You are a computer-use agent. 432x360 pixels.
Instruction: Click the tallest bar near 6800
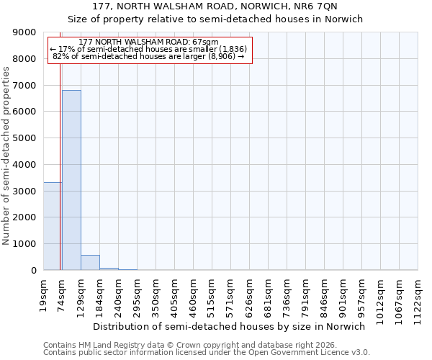point(71,180)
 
